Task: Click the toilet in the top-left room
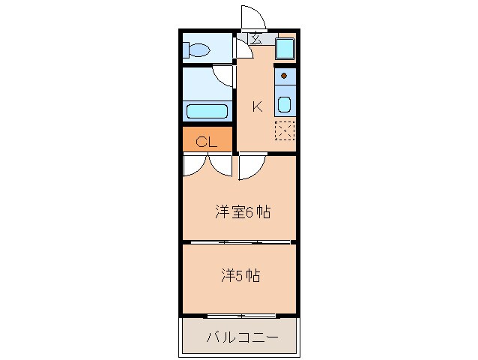pyautogui.click(x=198, y=50)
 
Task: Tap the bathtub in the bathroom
pyautogui.click(x=207, y=112)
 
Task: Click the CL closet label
pyautogui.click(x=207, y=141)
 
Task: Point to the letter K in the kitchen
pyautogui.click(x=256, y=106)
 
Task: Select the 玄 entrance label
pyautogui.click(x=255, y=40)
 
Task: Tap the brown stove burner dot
pyautogui.click(x=285, y=76)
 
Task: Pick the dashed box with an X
pyautogui.click(x=285, y=131)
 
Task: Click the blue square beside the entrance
pyautogui.click(x=285, y=49)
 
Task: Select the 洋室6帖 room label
pyautogui.click(x=242, y=212)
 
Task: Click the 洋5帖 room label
pyautogui.click(x=240, y=275)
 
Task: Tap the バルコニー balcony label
pyautogui.click(x=241, y=337)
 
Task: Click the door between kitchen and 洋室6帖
pyautogui.click(x=252, y=167)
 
